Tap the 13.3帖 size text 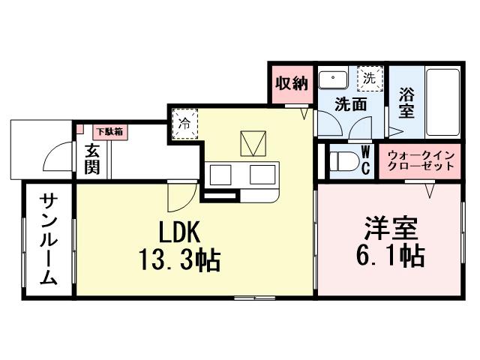[178, 260]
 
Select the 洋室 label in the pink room [391, 227]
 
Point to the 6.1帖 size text [391, 256]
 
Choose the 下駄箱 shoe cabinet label [109, 131]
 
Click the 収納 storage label [290, 83]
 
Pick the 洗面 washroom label [350, 105]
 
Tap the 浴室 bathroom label [406, 103]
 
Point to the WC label [366, 160]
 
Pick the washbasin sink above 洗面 [332, 78]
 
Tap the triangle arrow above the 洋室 [431, 191]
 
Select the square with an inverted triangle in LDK [253, 143]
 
